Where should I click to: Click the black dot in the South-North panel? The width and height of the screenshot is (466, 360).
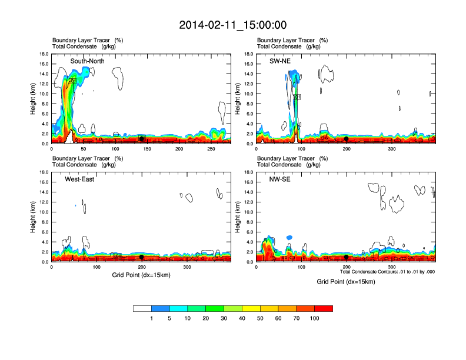141,139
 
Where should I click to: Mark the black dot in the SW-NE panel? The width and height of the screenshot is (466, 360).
347,139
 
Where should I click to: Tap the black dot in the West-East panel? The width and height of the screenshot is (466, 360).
141,257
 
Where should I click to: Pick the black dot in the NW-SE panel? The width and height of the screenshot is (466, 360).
347,257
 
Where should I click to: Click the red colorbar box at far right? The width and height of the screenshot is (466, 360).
324,308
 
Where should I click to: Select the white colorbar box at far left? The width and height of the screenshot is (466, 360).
142,308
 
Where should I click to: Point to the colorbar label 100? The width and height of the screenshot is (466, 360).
315,318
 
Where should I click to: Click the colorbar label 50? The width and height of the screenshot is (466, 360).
260,318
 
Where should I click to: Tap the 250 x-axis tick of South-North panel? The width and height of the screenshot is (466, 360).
212,149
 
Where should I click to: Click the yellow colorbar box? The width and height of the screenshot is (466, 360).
251,308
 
